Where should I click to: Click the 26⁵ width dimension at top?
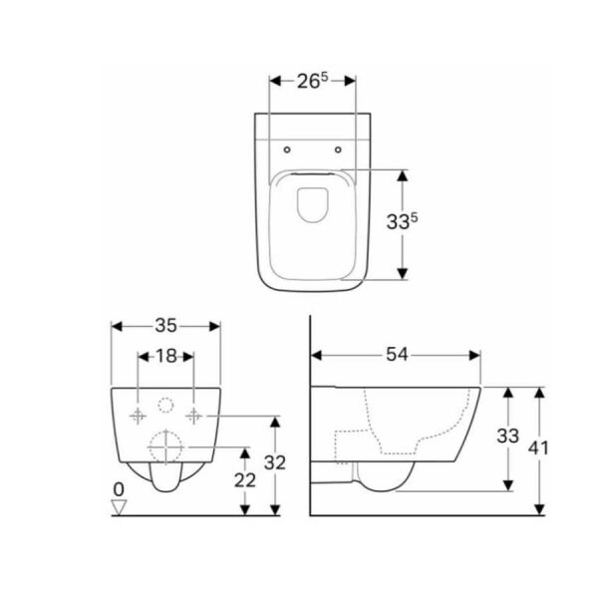click(x=312, y=81)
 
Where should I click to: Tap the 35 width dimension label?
click(x=165, y=325)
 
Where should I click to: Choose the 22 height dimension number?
click(x=245, y=479)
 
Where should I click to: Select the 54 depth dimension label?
click(x=396, y=355)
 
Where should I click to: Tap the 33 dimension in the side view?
click(x=507, y=436)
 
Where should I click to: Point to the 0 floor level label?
click(x=119, y=490)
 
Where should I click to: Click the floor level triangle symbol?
click(x=120, y=507)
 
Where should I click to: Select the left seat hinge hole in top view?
click(x=286, y=150)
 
